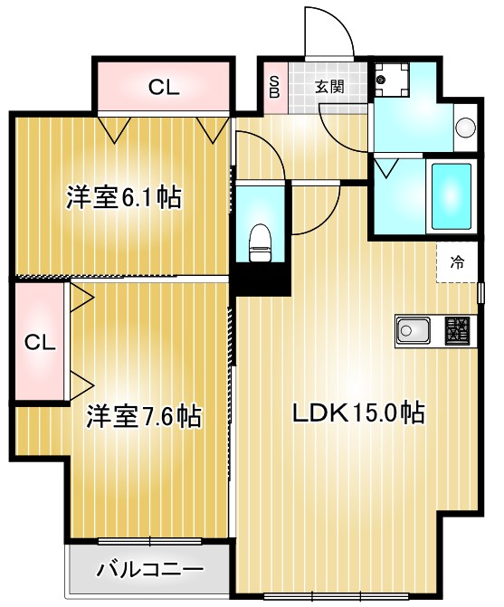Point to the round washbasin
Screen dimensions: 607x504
[x=464, y=128]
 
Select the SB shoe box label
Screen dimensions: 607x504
[x=275, y=87]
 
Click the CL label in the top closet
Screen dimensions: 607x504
[x=164, y=87]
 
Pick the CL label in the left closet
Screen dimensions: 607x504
[x=40, y=342]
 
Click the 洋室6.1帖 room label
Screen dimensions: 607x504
[x=123, y=197]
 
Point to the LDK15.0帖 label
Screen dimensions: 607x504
[x=357, y=413]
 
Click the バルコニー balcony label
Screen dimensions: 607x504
[x=150, y=571]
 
